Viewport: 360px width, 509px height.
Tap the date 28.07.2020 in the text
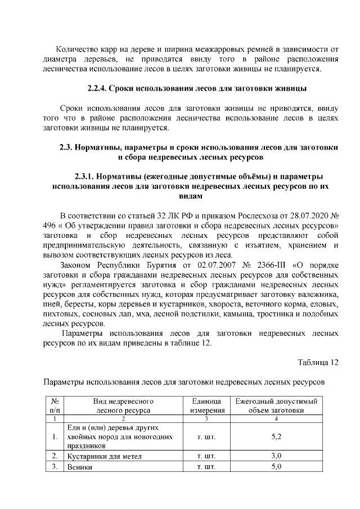point(303,216)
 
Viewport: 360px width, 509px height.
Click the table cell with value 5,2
point(276,436)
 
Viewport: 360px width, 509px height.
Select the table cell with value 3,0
point(276,456)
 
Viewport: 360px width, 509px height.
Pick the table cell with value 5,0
point(276,467)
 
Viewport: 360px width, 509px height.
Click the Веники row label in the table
point(79,467)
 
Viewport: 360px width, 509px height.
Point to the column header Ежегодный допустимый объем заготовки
point(276,406)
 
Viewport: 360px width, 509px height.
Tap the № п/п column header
point(55,406)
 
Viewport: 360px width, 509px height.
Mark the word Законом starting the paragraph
point(76,264)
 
